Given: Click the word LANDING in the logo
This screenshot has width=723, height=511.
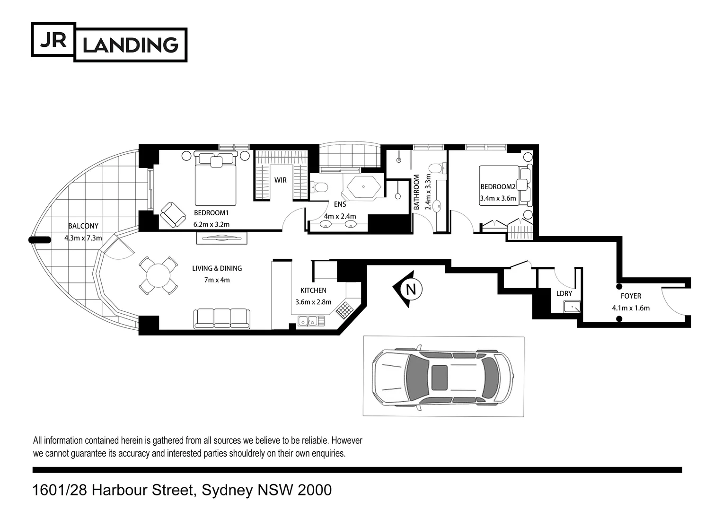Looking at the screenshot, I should (130, 45).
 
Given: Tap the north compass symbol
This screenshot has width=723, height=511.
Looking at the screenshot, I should (410, 289).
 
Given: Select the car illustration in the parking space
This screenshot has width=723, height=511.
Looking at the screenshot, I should (443, 377).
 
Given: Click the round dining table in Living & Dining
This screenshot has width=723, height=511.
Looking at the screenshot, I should (159, 275).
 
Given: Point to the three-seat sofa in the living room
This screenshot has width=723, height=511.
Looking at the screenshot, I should (221, 318).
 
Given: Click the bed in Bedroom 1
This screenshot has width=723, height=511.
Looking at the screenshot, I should (216, 179).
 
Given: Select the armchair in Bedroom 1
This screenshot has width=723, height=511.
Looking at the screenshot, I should (173, 214).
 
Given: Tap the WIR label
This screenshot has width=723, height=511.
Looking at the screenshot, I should (281, 180).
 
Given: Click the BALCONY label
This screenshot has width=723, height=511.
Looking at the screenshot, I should (83, 226).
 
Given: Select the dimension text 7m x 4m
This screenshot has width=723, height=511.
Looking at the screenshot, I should (217, 280).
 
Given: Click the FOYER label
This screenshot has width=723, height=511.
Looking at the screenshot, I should (631, 296).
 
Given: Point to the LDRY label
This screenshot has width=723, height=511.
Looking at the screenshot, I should (564, 294).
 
